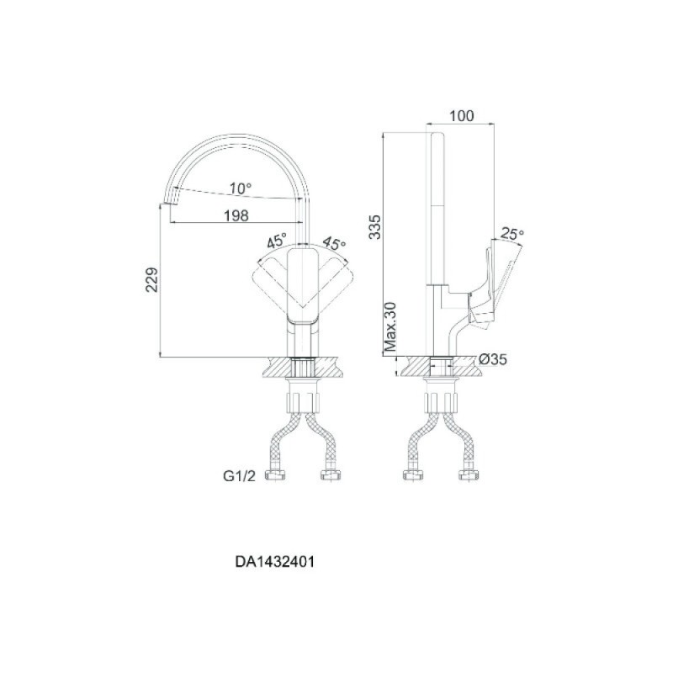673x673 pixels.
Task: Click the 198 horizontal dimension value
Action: (236, 215)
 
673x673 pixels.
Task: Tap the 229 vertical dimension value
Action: (152, 280)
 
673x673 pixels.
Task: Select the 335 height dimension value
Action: (374, 226)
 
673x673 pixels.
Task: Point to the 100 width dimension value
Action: (461, 116)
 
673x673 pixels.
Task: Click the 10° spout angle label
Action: (240, 188)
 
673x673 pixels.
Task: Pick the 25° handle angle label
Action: (512, 234)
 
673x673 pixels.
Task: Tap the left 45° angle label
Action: (277, 241)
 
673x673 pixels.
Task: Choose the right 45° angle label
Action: (334, 243)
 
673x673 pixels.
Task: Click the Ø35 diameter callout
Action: (493, 359)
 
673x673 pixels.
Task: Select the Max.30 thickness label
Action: (390, 326)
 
